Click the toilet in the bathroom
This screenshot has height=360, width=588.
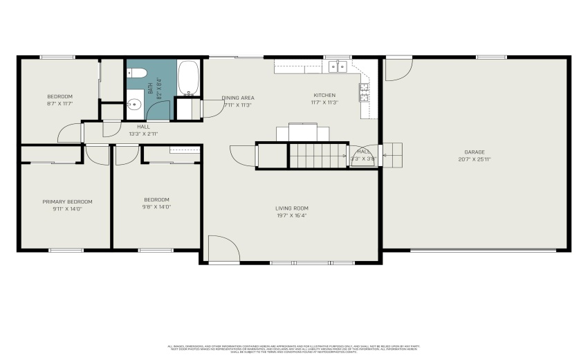(x=136, y=73)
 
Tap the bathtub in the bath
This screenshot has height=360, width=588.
(x=187, y=77)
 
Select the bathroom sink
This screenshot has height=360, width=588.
(x=135, y=105)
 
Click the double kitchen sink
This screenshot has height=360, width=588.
(x=337, y=66)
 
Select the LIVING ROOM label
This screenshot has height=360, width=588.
(x=291, y=208)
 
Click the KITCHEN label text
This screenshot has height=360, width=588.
(x=324, y=95)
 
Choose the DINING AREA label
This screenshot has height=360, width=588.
(x=238, y=98)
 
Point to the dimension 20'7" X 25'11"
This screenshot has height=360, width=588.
(x=475, y=159)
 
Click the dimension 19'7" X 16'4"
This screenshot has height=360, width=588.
(x=291, y=215)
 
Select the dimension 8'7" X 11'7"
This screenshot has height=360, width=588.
(x=59, y=103)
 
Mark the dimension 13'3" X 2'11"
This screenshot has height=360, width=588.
(x=143, y=134)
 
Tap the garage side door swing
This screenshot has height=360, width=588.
(x=396, y=69)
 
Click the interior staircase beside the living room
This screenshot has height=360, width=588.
(x=317, y=155)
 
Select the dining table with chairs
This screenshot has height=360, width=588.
(x=304, y=132)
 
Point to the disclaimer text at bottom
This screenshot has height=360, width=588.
(x=293, y=348)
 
